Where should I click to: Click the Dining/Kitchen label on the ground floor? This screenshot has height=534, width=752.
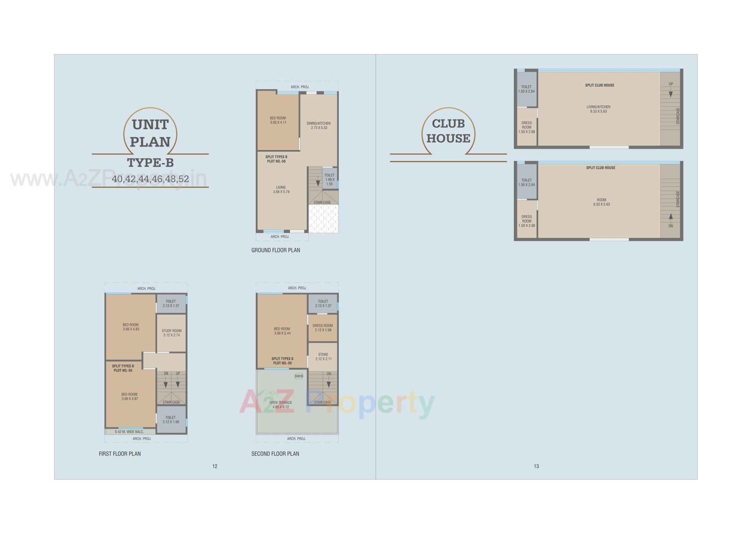318,125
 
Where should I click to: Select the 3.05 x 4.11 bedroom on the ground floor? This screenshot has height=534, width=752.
278,120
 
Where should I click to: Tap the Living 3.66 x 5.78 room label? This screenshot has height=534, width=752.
281,190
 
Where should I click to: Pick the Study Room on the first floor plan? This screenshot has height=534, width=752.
172,333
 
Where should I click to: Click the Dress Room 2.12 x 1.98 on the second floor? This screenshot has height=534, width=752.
323,328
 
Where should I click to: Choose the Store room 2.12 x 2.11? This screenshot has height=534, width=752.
323,357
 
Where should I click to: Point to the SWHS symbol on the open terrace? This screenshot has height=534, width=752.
299,376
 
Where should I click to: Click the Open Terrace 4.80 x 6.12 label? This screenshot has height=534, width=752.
281,405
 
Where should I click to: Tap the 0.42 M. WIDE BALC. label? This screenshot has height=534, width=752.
129,432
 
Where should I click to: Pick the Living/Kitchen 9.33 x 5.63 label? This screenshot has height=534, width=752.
598,109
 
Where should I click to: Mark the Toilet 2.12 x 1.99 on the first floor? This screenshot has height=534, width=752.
171,420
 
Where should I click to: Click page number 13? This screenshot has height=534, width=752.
536,466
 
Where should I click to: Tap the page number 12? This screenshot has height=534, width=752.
215,466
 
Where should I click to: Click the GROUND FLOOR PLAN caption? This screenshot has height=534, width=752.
276,250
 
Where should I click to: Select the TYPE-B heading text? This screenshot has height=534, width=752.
150,163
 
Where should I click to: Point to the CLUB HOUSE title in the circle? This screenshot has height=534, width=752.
448,131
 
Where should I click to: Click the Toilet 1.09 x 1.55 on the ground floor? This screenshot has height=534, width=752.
329,179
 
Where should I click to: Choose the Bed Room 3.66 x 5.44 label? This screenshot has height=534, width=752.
282,331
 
